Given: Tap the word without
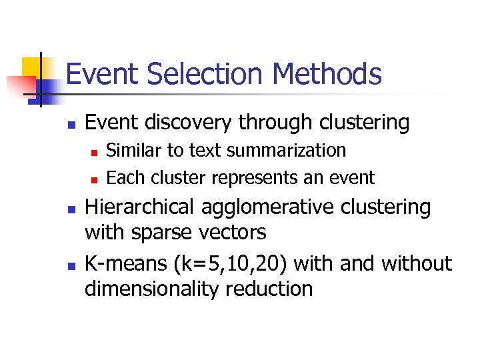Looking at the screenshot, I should click(x=417, y=263).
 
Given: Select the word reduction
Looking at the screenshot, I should click(x=273, y=289).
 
